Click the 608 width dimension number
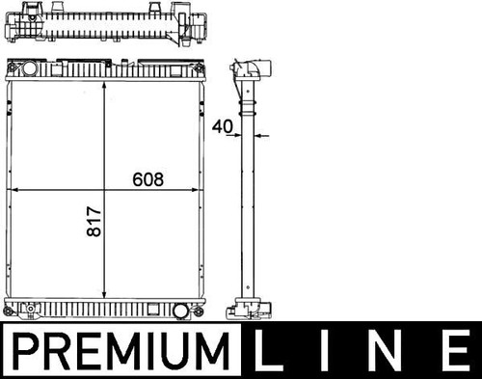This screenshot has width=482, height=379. click(147, 179)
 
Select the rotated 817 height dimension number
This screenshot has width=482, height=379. click(94, 222)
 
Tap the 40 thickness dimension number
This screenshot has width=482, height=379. click(222, 126)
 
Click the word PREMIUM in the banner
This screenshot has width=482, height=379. click(121, 351)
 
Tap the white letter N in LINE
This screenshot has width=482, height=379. click(387, 351)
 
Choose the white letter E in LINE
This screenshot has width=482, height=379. click(456, 351)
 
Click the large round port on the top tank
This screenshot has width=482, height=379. click(30, 68)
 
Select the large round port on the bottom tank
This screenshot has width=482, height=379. click(180, 311)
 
